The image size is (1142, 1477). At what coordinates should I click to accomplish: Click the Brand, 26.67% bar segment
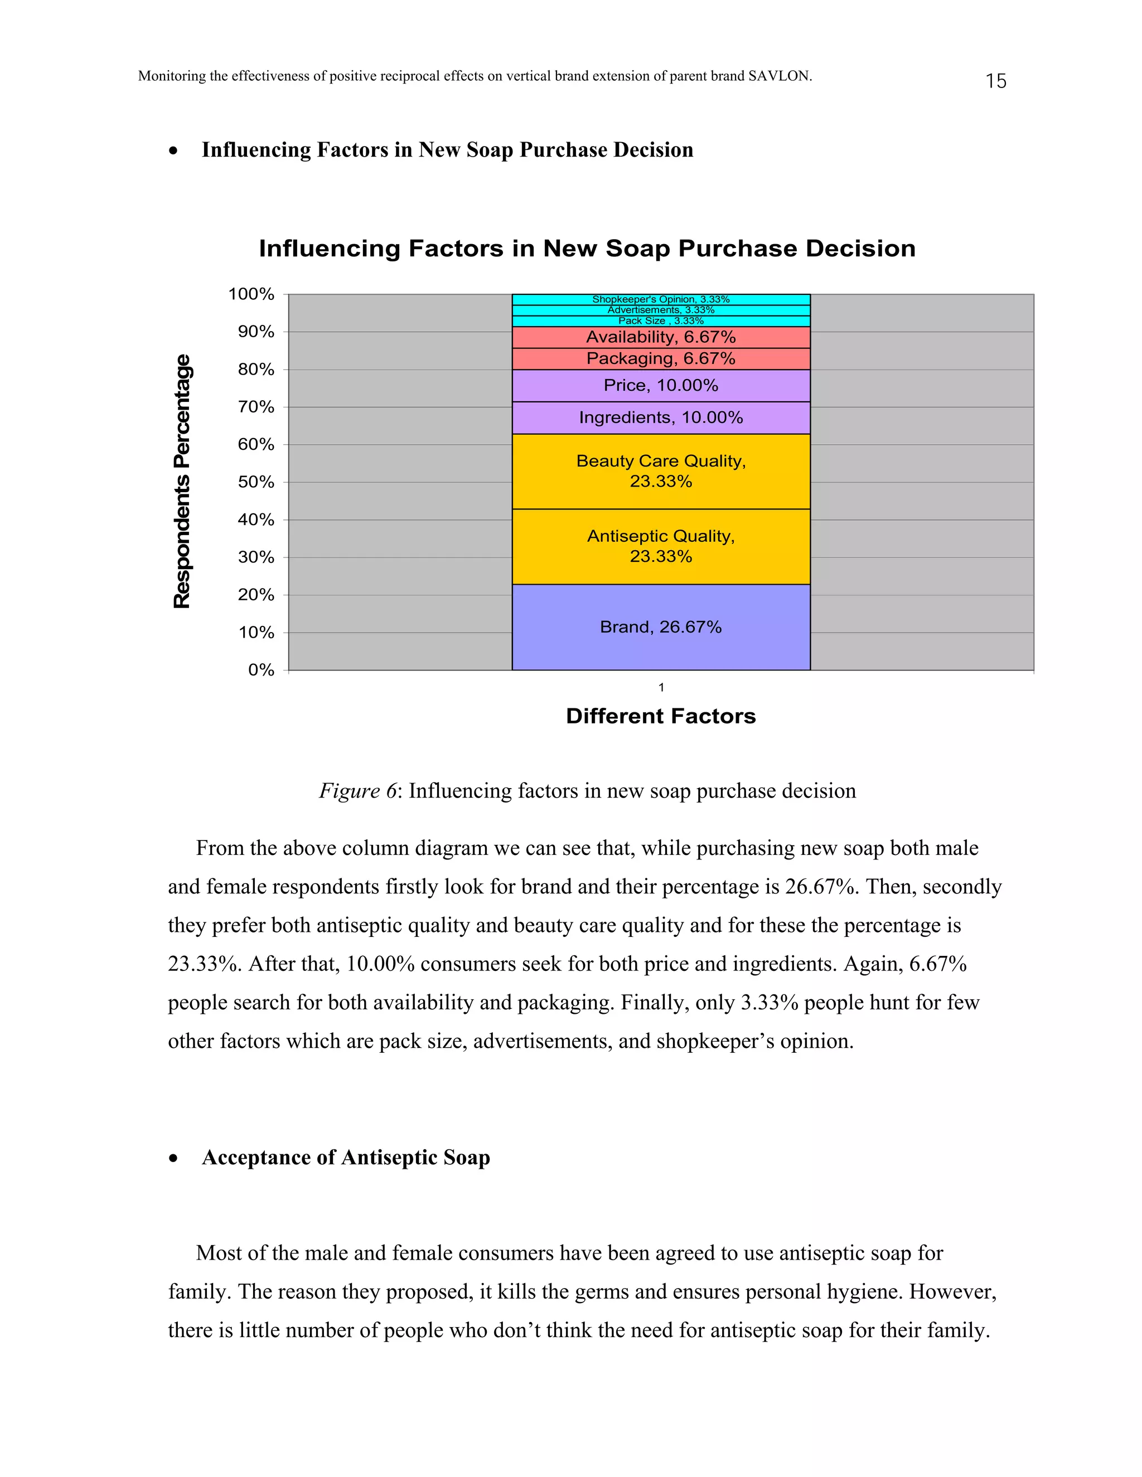tap(660, 627)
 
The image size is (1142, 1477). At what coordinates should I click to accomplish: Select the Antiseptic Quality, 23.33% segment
tap(660, 546)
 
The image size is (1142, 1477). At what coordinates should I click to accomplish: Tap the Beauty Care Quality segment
tap(660, 471)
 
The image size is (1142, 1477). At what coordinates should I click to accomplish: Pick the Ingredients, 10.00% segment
tap(660, 417)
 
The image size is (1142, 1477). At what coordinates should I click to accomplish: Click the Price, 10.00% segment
tap(660, 386)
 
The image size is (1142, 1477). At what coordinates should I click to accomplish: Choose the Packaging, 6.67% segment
tap(660, 358)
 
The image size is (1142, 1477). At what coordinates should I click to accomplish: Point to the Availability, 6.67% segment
tap(660, 337)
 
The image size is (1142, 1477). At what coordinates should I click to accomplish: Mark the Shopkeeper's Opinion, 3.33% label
tap(660, 299)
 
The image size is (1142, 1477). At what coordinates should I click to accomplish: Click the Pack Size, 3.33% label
tap(660, 320)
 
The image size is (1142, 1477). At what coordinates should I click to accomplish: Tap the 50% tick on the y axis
tap(256, 482)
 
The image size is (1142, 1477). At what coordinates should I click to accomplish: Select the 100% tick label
tap(251, 294)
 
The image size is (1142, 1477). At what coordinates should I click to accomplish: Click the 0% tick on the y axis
tap(260, 669)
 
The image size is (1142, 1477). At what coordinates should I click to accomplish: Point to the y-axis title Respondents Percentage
tap(182, 481)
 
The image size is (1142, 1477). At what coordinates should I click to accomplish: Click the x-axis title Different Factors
tap(660, 716)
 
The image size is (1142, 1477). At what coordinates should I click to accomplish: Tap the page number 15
tap(995, 81)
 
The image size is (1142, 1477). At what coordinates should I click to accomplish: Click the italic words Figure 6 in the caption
tap(357, 790)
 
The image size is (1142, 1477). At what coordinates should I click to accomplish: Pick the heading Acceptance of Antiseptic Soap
tap(346, 1157)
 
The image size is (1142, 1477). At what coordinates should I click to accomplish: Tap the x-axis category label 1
tap(661, 687)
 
